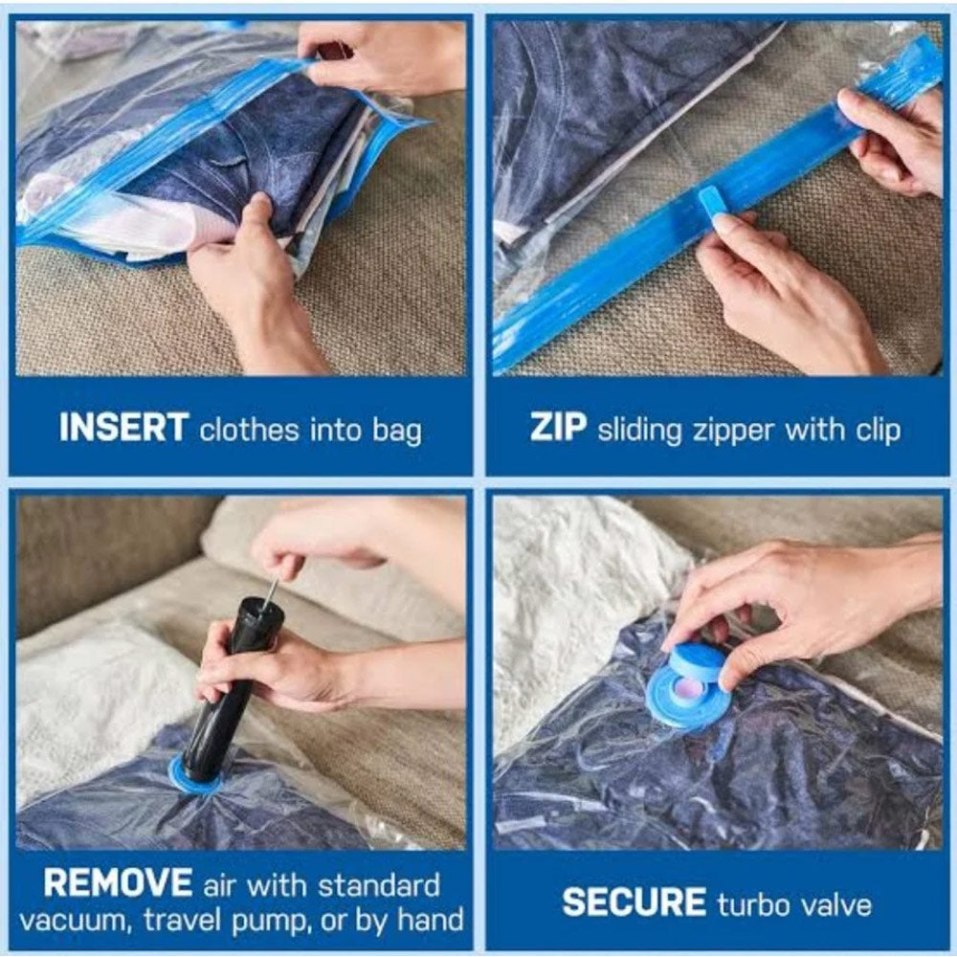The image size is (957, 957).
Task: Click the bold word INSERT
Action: pyautogui.click(x=123, y=427)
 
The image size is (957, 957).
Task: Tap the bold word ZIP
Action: pyautogui.click(x=559, y=427)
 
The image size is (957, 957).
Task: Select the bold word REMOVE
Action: pyautogui.click(x=118, y=882)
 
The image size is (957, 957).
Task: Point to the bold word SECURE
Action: pyautogui.click(x=634, y=902)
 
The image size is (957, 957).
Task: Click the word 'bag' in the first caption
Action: pyautogui.click(x=397, y=431)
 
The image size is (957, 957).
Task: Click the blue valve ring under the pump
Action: pyautogui.click(x=196, y=773)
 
